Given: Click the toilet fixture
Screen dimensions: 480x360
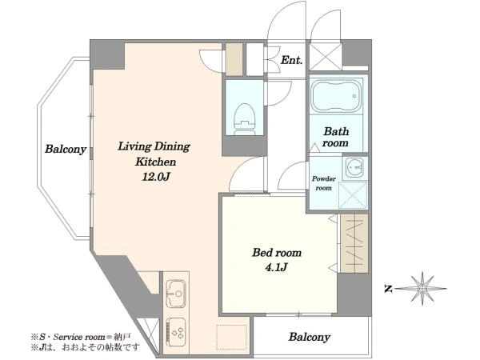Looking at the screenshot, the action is coord(245,119).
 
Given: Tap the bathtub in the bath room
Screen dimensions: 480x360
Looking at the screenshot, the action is coord(336,96).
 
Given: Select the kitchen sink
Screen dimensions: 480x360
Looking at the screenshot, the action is coord(176,294).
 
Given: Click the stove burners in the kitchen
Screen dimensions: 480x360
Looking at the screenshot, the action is coord(176,332).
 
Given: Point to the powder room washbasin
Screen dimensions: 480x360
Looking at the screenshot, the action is coord(354,168).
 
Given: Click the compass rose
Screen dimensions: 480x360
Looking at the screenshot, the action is coord(422,288).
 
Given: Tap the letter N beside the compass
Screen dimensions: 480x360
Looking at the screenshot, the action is coord(388,289).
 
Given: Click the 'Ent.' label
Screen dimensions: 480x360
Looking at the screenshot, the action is coord(291,60).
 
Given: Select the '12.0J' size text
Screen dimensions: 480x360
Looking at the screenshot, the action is coord(155,177).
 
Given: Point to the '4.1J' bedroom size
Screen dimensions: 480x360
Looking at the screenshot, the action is coord(276,268).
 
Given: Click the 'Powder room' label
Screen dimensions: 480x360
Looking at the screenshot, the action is coord(323,183).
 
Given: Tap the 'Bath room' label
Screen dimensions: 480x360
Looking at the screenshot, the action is coord(336,137).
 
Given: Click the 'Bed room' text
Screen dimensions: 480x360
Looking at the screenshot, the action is coord(277,253).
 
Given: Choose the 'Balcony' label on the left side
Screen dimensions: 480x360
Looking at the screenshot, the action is coord(66,150).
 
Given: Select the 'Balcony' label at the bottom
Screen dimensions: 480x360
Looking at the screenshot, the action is coord(309,338).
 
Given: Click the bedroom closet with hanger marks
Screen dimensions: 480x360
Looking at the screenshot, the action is coord(354,243).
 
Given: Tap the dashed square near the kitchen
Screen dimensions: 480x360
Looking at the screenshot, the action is coord(231,337).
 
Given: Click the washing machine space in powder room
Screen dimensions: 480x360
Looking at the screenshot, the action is coord(353,195).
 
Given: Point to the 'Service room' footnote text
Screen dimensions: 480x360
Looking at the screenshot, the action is coord(79,338).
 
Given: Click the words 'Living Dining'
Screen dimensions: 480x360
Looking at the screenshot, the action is coord(154,146).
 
